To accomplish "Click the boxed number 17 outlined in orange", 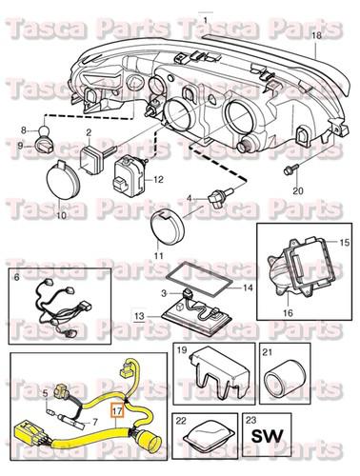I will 117,412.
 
